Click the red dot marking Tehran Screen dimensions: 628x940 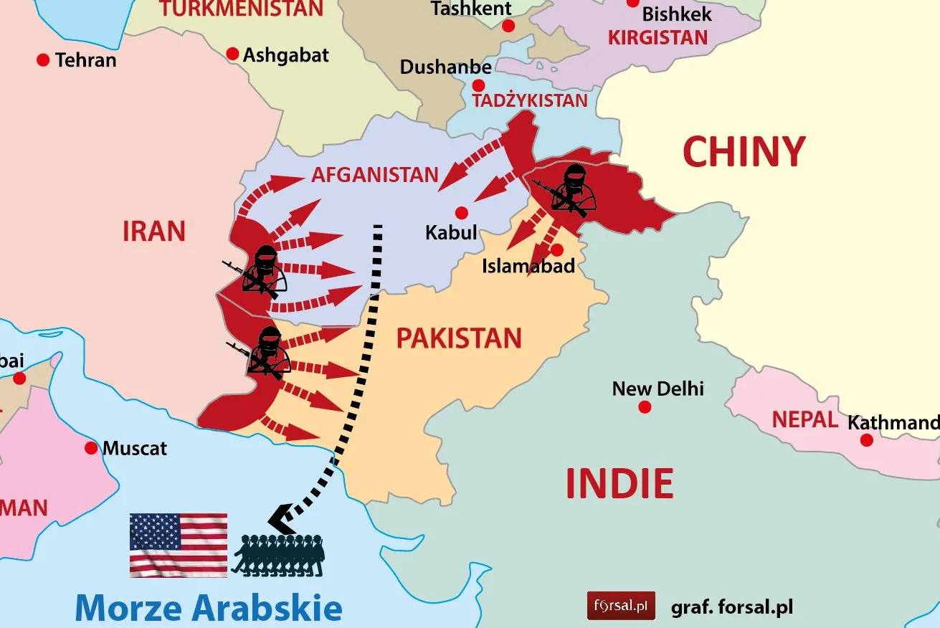click(x=43, y=60)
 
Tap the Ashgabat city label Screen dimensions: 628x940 click(x=285, y=55)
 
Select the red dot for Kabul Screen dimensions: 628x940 click(x=462, y=212)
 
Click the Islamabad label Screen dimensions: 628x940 click(x=528, y=267)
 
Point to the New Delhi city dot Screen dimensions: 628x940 click(x=645, y=407)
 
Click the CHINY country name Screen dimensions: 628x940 click(x=744, y=152)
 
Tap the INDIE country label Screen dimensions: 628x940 click(x=619, y=483)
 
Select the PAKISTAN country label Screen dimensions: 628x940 click(x=459, y=338)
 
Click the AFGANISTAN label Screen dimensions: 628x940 click(x=374, y=174)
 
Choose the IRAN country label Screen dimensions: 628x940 click(x=154, y=232)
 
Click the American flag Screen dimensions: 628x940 click(x=179, y=545)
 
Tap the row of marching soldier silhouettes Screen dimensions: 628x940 click(x=278, y=555)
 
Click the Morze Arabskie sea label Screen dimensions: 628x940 click(x=208, y=607)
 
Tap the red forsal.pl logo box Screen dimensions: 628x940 click(x=621, y=606)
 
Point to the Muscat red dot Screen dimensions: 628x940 click(x=91, y=448)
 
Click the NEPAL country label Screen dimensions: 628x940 click(x=804, y=419)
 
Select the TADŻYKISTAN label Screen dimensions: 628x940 click(x=530, y=100)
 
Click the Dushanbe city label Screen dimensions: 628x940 click(x=446, y=67)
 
